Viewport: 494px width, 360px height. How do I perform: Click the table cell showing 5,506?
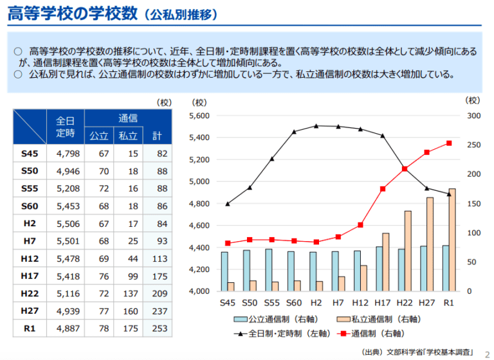(x=67, y=224)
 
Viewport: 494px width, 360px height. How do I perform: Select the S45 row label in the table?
(x=30, y=154)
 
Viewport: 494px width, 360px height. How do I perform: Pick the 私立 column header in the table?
(x=128, y=136)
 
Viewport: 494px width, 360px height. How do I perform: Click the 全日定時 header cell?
(x=66, y=127)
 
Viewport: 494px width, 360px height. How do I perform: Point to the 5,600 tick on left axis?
(x=201, y=116)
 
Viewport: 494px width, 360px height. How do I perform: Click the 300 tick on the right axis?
(x=473, y=116)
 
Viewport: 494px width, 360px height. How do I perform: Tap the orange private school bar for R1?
(x=452, y=239)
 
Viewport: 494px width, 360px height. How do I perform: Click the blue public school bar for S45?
(x=224, y=271)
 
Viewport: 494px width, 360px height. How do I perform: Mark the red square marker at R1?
(x=449, y=143)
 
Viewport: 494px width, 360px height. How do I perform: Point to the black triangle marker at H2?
(x=316, y=126)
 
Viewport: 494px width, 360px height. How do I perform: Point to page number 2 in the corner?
(x=486, y=352)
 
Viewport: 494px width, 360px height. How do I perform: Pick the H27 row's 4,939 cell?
(x=67, y=310)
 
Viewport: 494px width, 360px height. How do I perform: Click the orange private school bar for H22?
(x=407, y=251)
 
